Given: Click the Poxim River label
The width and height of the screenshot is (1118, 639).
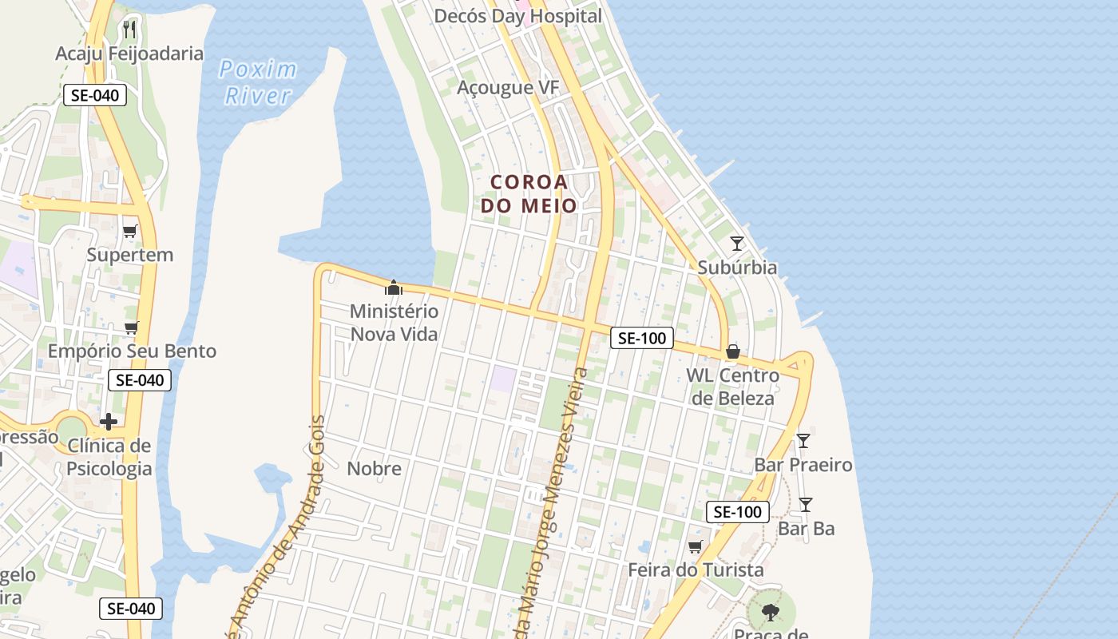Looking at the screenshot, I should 258,82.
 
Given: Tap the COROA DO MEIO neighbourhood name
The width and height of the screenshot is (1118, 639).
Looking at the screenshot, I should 529,193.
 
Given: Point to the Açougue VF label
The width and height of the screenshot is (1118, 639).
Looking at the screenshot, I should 508,87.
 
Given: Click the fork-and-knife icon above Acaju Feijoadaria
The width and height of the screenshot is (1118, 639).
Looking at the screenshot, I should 129,30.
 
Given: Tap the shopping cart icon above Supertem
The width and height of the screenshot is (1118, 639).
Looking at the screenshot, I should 130,231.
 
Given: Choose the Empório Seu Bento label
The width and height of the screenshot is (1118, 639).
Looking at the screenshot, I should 132,351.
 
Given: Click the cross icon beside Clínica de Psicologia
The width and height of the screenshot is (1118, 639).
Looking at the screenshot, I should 109,421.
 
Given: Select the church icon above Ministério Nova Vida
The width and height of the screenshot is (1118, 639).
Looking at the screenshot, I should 393,287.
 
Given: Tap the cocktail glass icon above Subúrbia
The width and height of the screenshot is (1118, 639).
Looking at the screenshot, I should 737,244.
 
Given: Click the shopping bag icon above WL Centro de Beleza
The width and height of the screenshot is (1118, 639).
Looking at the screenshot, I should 732,351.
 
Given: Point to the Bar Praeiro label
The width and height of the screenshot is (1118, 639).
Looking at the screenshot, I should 803,464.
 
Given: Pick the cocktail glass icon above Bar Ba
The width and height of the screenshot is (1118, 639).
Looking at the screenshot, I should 806,504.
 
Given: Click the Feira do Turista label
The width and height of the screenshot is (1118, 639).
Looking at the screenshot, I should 696,570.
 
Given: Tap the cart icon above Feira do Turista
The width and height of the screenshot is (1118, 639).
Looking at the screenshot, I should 696,547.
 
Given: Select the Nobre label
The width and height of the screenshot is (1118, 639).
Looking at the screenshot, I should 374,468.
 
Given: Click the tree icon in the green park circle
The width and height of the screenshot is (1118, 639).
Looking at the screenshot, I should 771,613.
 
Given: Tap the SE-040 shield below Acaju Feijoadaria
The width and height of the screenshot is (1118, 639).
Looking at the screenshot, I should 94,96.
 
